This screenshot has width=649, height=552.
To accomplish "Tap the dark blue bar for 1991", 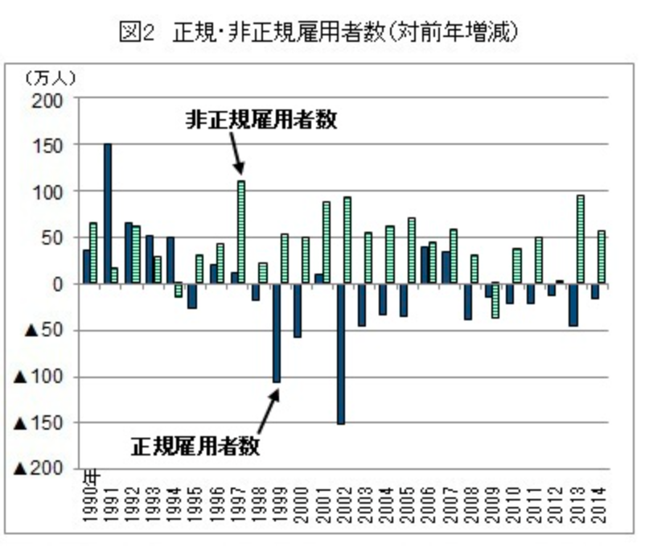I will tap(108, 213).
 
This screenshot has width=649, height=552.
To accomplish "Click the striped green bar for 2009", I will tap(495, 299).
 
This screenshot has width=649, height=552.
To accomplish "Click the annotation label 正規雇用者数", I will tap(195, 444).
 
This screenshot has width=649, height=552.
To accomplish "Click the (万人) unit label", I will tap(50, 78).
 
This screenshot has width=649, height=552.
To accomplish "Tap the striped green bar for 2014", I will tap(601, 257).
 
